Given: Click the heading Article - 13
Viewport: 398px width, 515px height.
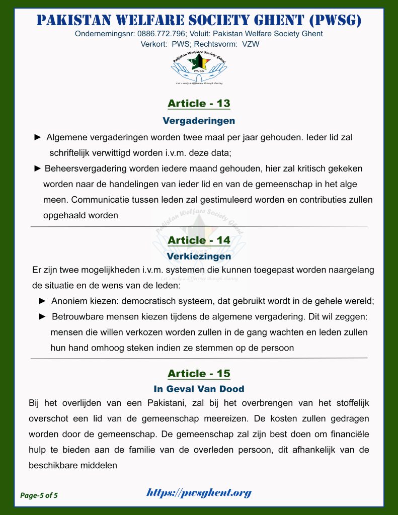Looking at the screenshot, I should pos(199,104).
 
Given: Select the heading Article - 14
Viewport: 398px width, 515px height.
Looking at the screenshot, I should pos(199,240).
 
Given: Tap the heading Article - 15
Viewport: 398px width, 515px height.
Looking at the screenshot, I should pos(199,374).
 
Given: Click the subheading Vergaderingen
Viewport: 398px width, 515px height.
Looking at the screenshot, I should pos(199,121).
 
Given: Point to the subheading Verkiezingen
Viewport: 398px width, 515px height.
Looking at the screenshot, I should pos(199,256).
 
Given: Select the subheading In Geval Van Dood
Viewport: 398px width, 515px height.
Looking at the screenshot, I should pos(199,389).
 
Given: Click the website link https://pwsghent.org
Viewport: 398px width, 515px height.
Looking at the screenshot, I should pos(199,493).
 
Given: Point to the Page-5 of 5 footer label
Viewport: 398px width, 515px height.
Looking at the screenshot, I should pos(39,495).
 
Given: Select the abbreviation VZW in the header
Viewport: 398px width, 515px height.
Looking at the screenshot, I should pos(250,44).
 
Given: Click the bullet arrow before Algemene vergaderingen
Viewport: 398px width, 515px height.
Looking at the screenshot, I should pos(38,137).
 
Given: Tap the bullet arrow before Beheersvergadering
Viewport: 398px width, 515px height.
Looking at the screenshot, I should pos(37,168).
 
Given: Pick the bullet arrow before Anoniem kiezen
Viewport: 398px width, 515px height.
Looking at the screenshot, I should pos(43,301).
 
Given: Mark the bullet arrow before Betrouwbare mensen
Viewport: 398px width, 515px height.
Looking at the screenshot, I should pos(43,317).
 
